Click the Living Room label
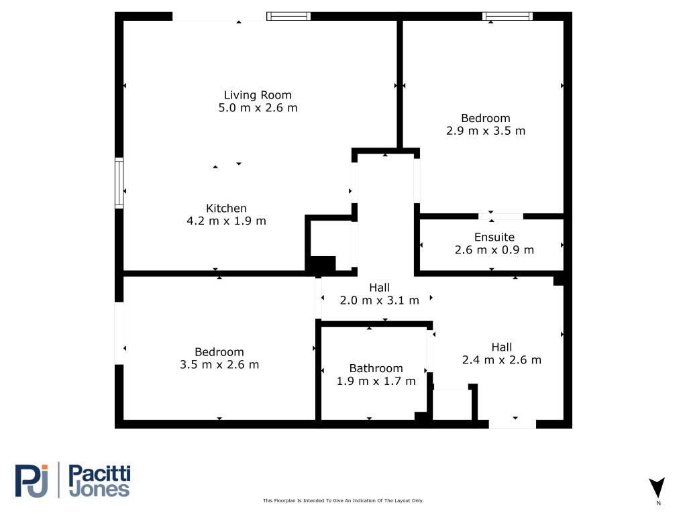tap(258, 95)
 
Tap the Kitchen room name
tap(227, 208)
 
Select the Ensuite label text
tap(494, 237)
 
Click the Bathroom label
tap(376, 368)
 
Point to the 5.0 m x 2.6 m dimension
tap(258, 108)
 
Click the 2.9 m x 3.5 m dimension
tap(486, 131)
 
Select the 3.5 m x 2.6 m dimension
tap(219, 365)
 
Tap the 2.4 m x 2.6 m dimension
tap(502, 360)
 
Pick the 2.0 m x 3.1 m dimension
tap(380, 300)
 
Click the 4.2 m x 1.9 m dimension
tap(227, 221)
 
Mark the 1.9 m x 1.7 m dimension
tap(376, 381)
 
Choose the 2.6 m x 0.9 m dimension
tap(494, 250)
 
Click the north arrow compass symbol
tap(657, 488)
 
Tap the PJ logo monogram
tap(32, 481)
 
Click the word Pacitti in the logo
tap(100, 473)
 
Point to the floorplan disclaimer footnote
tap(343, 500)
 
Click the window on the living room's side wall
tap(119, 182)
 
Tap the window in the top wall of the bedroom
tap(507, 16)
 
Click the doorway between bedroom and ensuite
tap(500, 217)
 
